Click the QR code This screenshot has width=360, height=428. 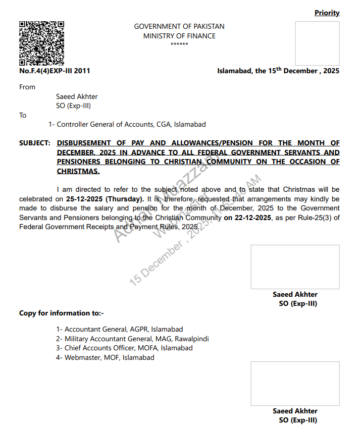click(41, 43)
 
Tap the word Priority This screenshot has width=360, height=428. click(327, 13)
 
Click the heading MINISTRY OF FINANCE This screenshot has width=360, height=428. click(179, 36)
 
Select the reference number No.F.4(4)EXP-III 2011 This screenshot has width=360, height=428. click(55, 71)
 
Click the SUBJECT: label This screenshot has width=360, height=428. click(34, 143)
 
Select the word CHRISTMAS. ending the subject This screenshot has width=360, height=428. click(78, 171)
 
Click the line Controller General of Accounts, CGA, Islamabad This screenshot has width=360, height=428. click(131, 124)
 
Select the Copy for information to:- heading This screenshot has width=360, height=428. click(61, 313)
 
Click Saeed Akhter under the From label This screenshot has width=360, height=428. click(77, 96)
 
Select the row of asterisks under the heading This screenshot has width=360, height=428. click(179, 45)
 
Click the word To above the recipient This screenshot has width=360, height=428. click(23, 116)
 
